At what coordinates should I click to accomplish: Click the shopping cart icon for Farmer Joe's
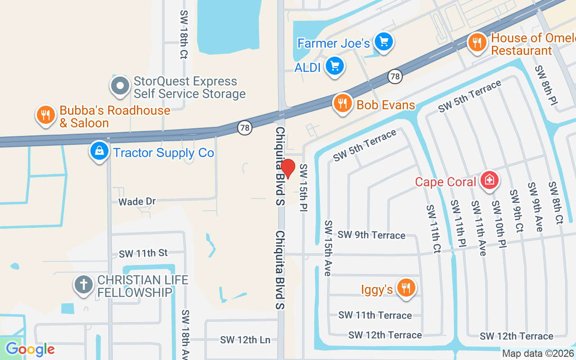383,42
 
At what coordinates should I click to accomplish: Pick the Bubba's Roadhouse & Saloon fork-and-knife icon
45,115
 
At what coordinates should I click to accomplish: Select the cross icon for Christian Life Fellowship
83,285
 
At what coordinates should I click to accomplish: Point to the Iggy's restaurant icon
406,288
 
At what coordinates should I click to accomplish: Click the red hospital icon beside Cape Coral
489,180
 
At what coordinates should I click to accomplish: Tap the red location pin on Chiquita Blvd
288,169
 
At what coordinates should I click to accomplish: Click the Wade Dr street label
137,201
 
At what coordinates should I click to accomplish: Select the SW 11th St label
143,254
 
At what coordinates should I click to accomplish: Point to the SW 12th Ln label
245,340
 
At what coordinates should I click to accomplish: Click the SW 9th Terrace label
371,235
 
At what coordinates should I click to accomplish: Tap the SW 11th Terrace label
375,315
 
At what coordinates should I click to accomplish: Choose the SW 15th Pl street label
304,188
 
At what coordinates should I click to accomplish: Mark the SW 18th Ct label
184,35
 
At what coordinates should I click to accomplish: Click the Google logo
30,349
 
